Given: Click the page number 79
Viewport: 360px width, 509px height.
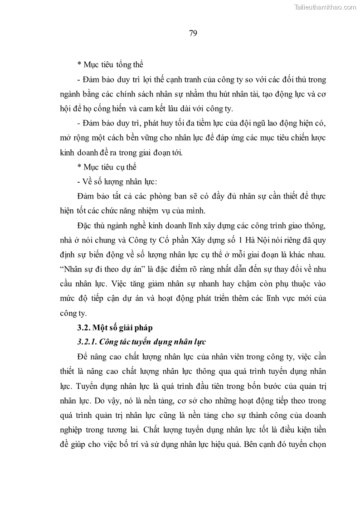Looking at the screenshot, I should coord(193,33).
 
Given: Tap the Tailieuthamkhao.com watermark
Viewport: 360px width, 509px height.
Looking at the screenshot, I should coord(325,7).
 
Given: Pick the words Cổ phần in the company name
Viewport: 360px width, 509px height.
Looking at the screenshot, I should coord(171,239).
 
